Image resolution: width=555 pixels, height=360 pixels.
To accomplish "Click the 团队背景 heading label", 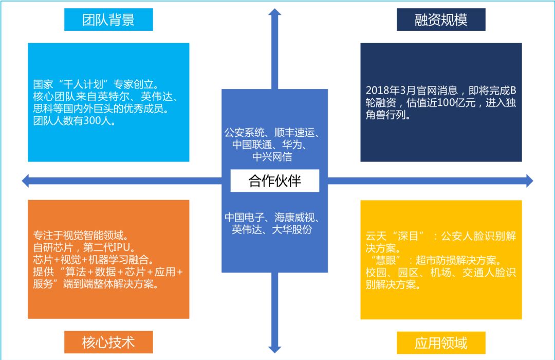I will pos(108,20).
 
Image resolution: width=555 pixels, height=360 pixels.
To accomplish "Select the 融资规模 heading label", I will pos(441,20).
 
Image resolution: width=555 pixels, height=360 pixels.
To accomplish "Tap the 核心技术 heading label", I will pos(108,342).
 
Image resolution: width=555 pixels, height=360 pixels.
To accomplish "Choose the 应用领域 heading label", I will pos(441,342).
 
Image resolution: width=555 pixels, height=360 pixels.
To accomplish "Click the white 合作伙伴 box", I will pos(274,181).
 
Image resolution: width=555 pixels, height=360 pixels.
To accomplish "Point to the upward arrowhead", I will pos(275,13).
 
